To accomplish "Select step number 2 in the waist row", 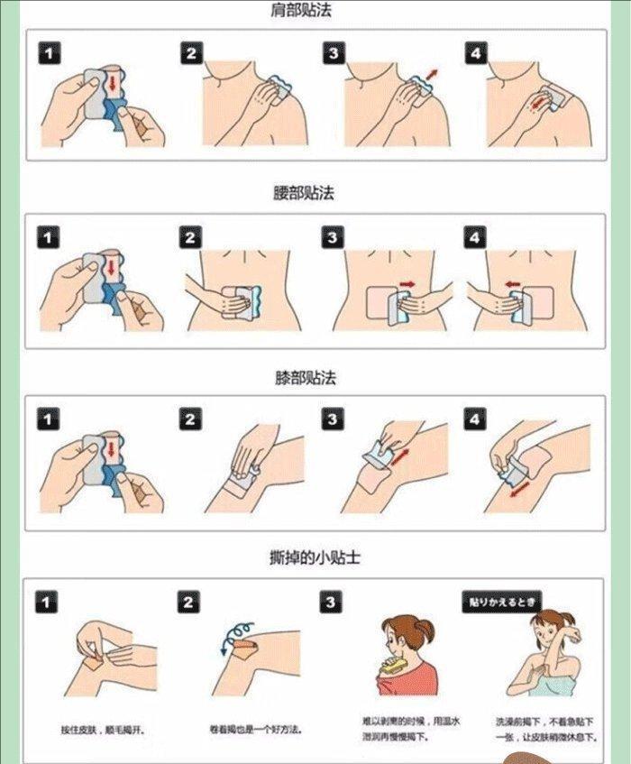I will pyautogui.click(x=189, y=238).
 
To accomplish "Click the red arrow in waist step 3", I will pyautogui.click(x=407, y=284).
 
